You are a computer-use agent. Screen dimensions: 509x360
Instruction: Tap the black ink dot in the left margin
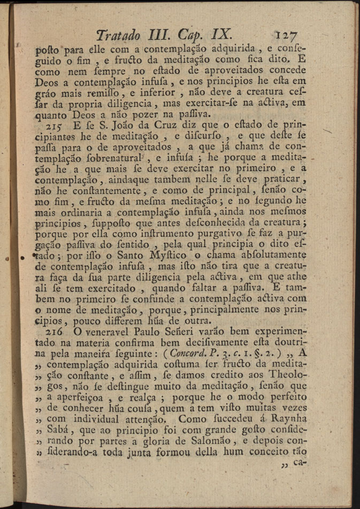(22, 258)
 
